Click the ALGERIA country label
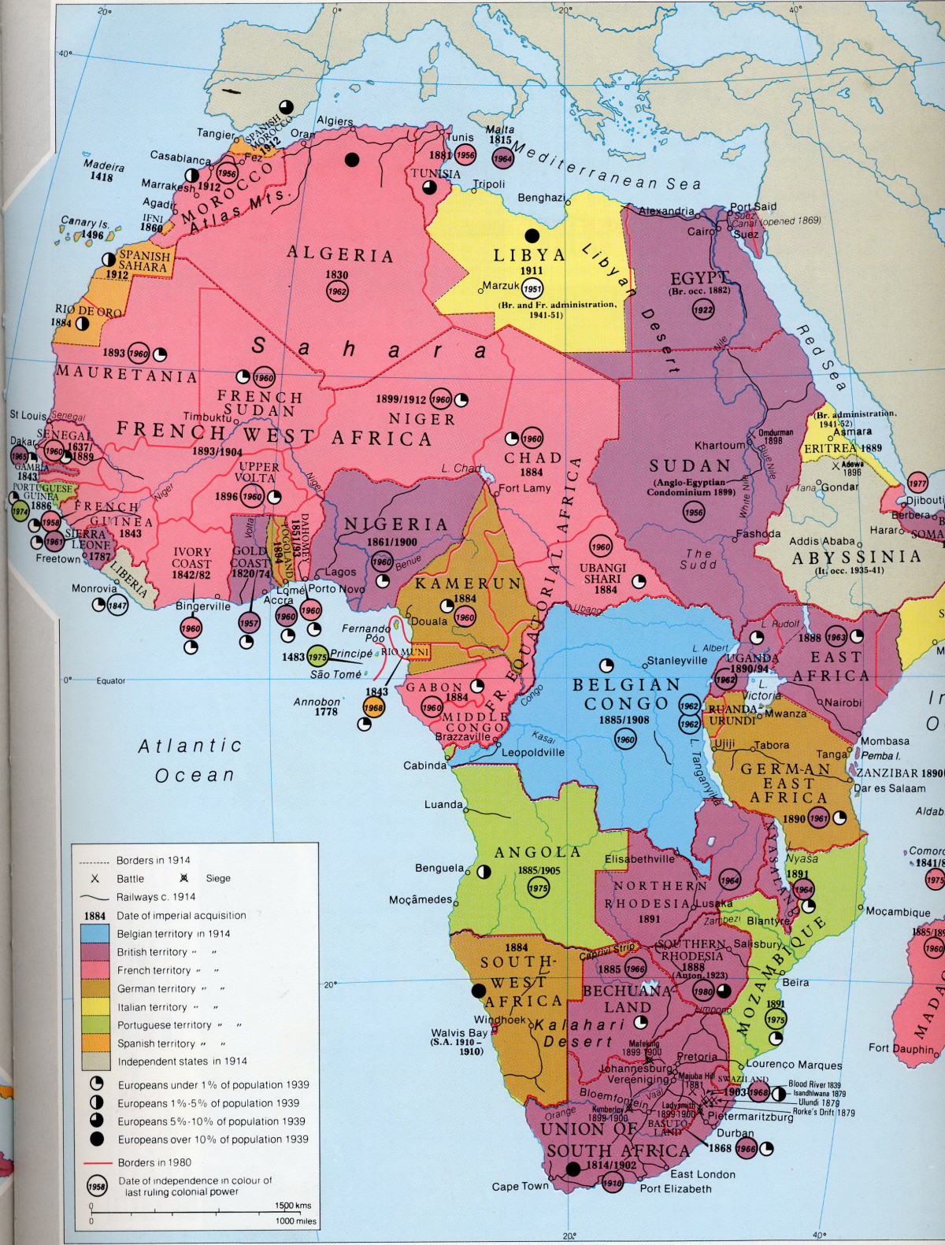pyautogui.click(x=339, y=254)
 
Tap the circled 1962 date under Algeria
pyautogui.click(x=337, y=291)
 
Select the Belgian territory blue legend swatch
pyautogui.click(x=95, y=933)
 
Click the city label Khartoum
pyautogui.click(x=719, y=445)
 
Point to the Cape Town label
pyautogui.click(x=520, y=1186)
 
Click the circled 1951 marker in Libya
pyautogui.click(x=532, y=288)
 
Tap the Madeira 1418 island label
pyautogui.click(x=104, y=171)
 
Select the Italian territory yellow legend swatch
pyautogui.click(x=95, y=1006)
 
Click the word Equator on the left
pyautogui.click(x=110, y=680)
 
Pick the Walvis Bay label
pyautogui.click(x=459, y=1032)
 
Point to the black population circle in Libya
pyautogui.click(x=532, y=235)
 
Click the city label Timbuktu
pyautogui.click(x=207, y=417)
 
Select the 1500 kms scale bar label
pyautogui.click(x=292, y=1206)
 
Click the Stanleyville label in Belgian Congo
pyautogui.click(x=676, y=660)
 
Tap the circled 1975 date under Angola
pyautogui.click(x=538, y=887)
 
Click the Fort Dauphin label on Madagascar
pyautogui.click(x=902, y=1047)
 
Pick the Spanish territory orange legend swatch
pyautogui.click(x=95, y=1043)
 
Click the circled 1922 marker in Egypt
pyautogui.click(x=703, y=309)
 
